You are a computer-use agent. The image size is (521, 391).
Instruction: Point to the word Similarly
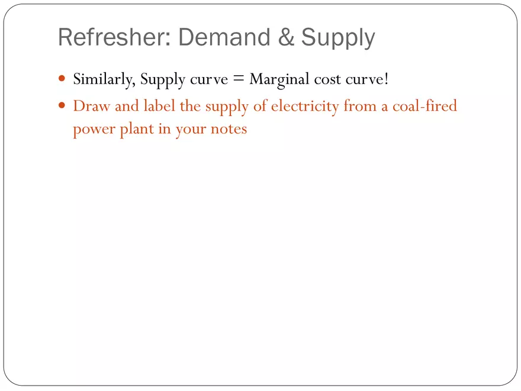pyautogui.click(x=104, y=79)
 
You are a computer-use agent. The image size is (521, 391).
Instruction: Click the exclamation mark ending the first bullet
pyautogui.click(x=386, y=79)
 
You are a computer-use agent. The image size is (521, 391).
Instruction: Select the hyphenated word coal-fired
pyautogui.click(x=424, y=107)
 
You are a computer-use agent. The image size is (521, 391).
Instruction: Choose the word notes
pyautogui.click(x=229, y=129)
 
